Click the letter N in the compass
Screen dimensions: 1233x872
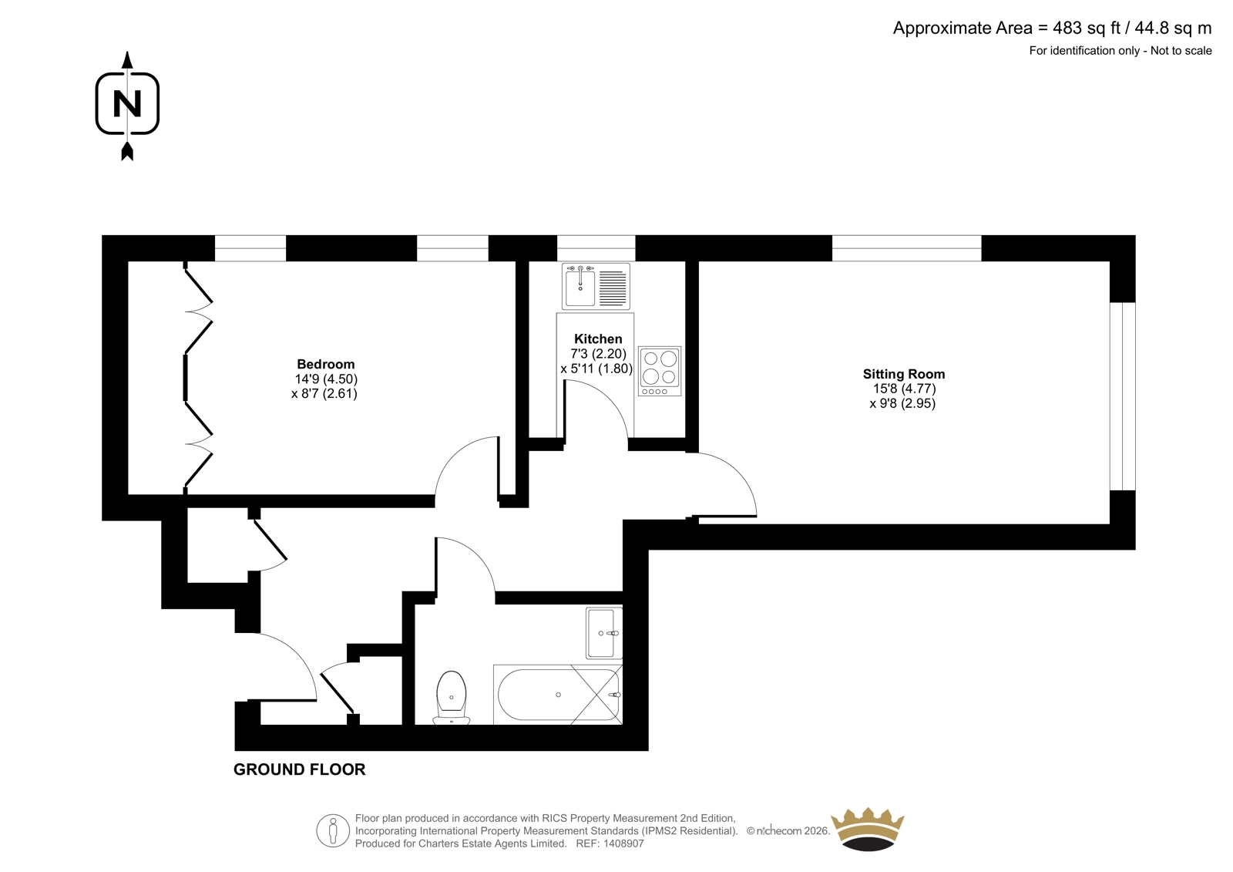pos(127,103)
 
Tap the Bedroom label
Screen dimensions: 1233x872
pos(326,364)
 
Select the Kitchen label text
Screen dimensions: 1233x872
pos(598,338)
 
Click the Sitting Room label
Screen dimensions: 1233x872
pos(904,374)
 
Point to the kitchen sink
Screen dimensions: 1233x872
pos(596,286)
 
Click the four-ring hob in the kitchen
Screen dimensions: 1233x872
pos(660,371)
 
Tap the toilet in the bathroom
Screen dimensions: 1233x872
pos(452,698)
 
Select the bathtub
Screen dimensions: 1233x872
pos(558,695)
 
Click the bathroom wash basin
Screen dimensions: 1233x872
pos(604,633)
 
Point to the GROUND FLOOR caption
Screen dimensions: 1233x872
pos(300,769)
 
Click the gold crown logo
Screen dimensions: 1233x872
pos(868,830)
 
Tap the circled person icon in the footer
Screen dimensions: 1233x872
pos(333,830)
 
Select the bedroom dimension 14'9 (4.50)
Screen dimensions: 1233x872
pos(327,379)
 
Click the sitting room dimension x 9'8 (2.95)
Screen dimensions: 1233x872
pos(902,403)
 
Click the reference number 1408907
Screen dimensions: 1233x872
pos(623,843)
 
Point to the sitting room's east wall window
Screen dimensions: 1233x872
pos(1122,396)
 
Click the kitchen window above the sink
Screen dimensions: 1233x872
pos(596,248)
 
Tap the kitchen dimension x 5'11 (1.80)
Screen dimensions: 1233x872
pos(596,369)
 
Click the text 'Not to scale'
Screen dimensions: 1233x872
pos(1181,51)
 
